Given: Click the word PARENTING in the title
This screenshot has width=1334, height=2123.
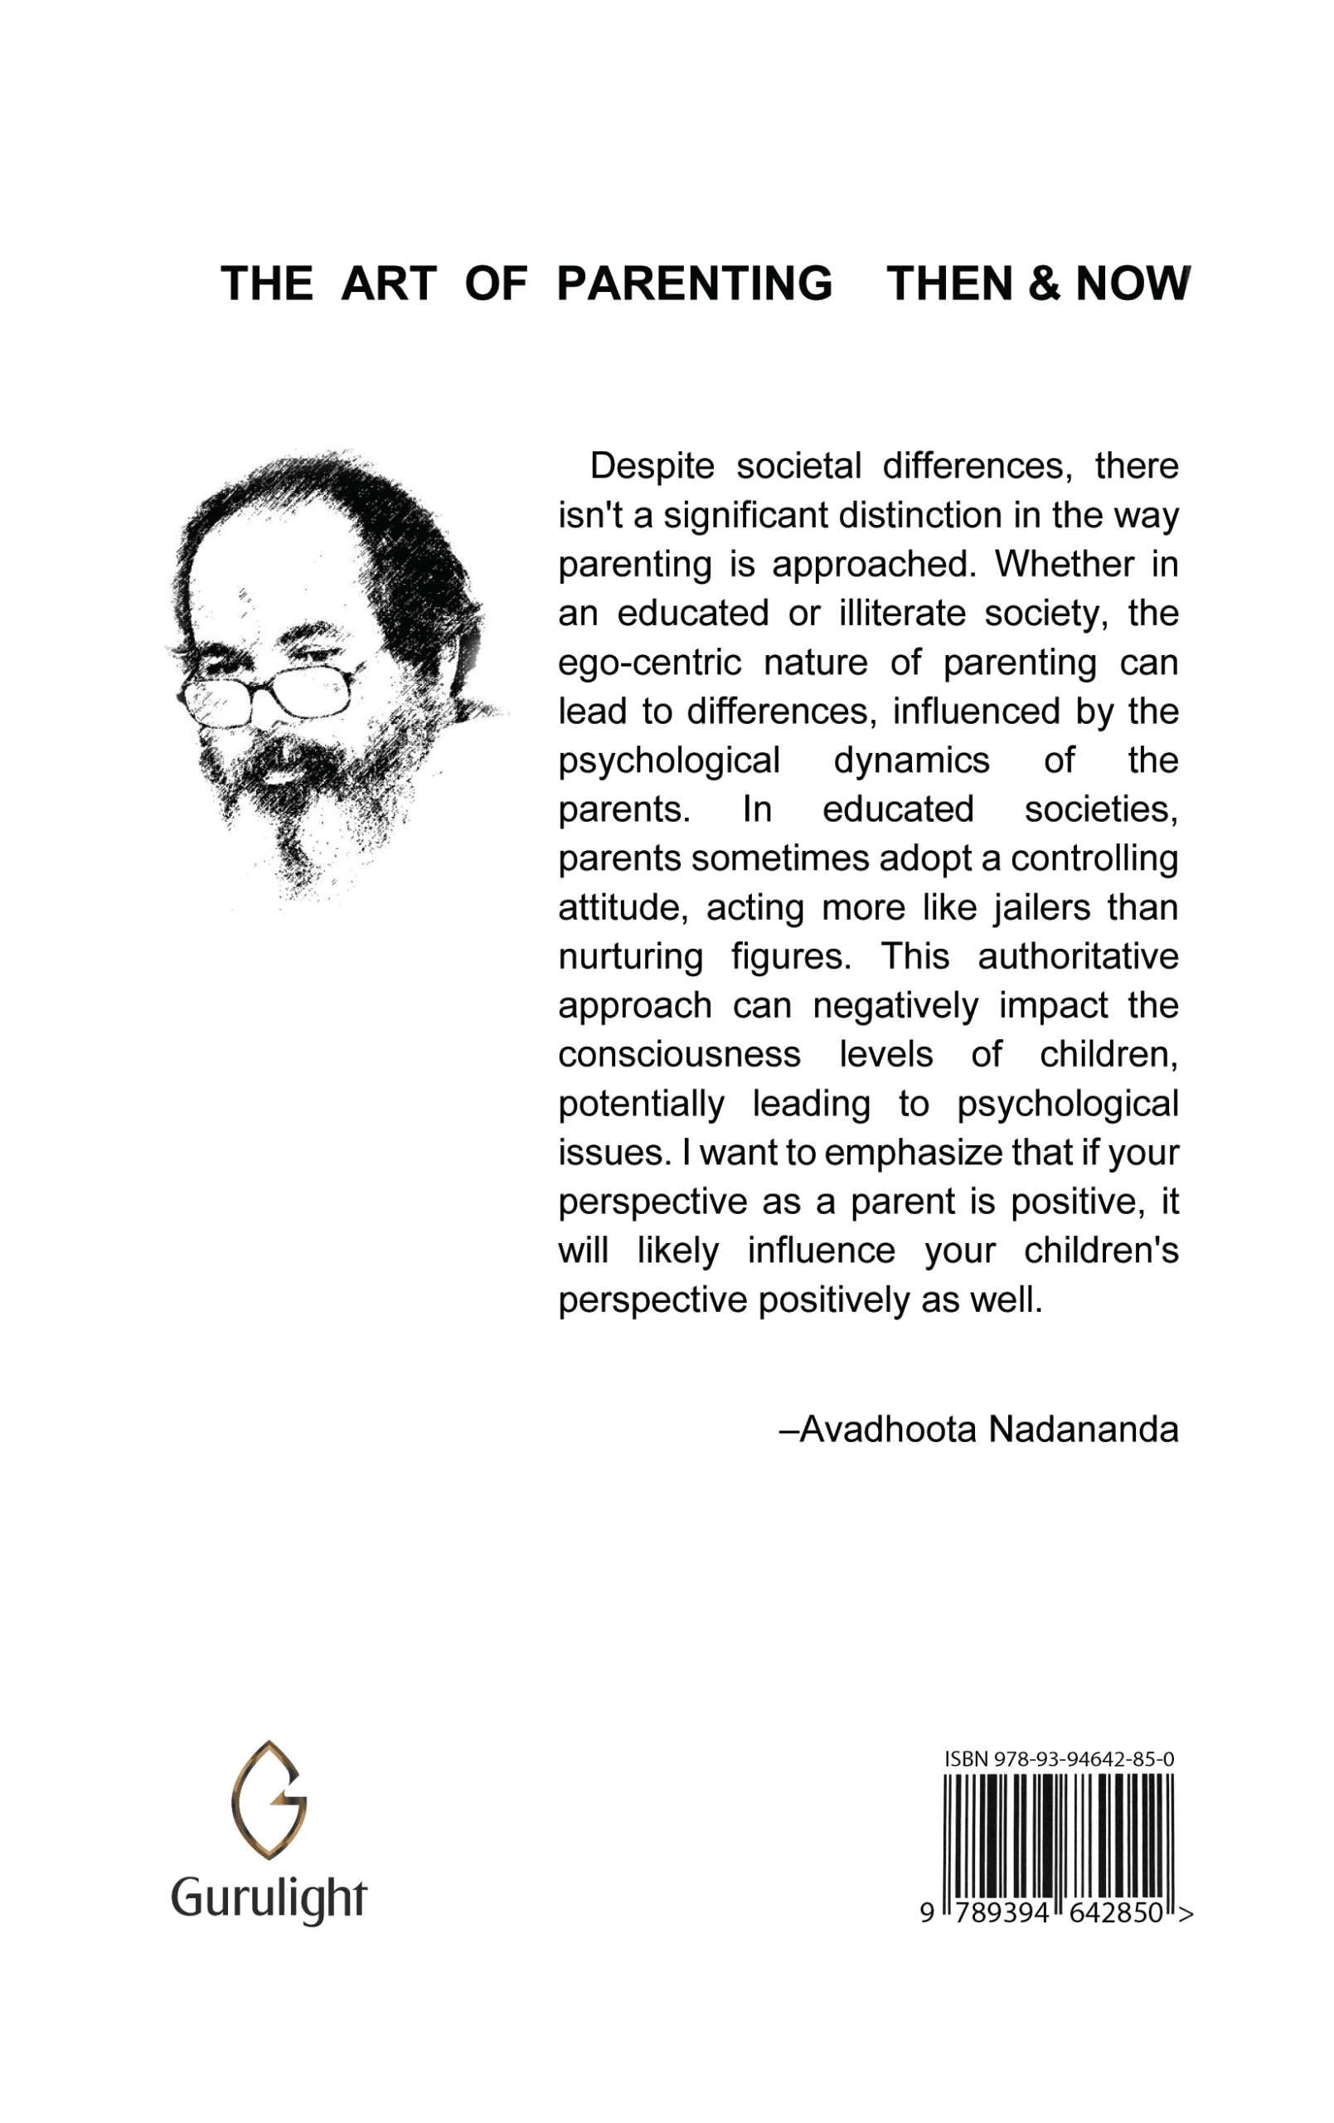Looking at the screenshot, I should pyautogui.click(x=694, y=284).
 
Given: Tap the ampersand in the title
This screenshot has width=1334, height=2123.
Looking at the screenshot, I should pyautogui.click(x=1042, y=284).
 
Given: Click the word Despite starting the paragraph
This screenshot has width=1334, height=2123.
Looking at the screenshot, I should pyautogui.click(x=652, y=465).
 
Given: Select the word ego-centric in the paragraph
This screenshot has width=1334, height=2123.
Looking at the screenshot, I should pyautogui.click(x=650, y=662).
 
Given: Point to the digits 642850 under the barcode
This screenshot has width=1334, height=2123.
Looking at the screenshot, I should pyautogui.click(x=1119, y=1912).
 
